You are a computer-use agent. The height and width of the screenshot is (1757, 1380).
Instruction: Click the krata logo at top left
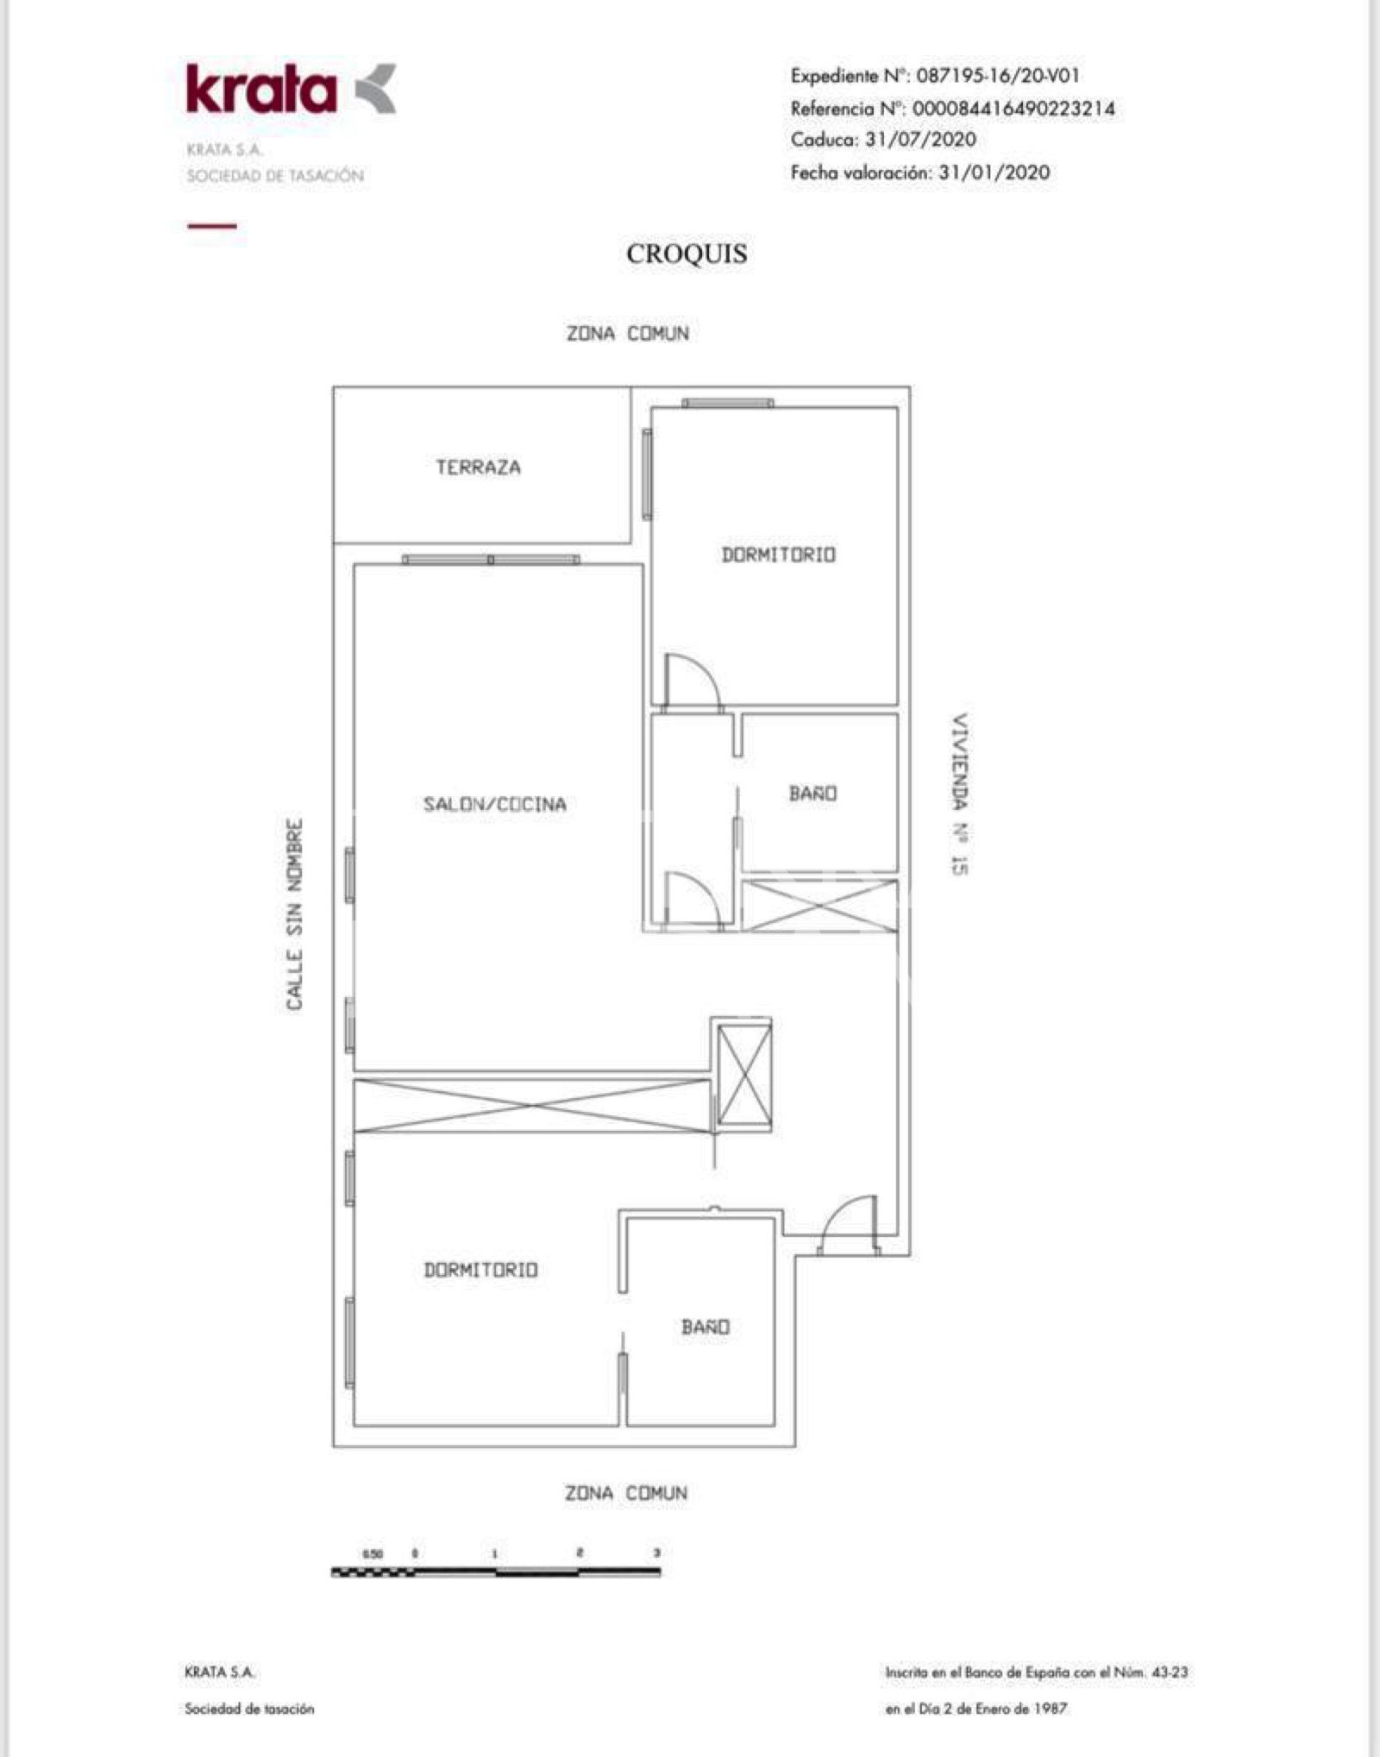tap(290, 90)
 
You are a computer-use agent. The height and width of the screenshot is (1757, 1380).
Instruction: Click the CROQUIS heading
tap(687, 254)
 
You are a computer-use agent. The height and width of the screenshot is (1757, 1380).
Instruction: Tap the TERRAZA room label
tap(478, 467)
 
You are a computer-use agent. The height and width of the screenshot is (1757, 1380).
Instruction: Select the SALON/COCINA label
tap(494, 804)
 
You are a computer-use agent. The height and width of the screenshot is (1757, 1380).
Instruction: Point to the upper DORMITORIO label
tap(778, 555)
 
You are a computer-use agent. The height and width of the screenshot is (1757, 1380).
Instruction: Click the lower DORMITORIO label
tap(480, 1270)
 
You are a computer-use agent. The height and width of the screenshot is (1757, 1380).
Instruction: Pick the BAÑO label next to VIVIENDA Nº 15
tap(812, 794)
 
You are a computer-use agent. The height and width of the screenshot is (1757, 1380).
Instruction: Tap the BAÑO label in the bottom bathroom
tap(705, 1327)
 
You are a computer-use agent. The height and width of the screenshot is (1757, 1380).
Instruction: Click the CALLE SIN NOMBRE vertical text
tap(295, 914)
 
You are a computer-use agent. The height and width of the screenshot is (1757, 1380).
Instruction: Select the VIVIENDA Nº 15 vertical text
tap(959, 794)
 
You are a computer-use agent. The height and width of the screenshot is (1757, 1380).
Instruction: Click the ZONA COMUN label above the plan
tap(627, 334)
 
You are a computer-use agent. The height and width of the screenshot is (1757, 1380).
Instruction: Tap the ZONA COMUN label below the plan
tap(626, 1493)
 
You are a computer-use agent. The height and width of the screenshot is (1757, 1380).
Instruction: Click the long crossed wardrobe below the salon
tap(532, 1105)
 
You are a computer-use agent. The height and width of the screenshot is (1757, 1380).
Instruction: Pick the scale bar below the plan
tap(496, 1572)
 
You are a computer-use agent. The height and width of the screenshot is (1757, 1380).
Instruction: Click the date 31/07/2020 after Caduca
tap(920, 140)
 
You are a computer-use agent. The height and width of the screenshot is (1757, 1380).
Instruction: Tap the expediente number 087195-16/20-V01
tap(997, 76)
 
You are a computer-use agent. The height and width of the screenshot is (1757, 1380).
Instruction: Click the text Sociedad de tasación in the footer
tap(249, 1708)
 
